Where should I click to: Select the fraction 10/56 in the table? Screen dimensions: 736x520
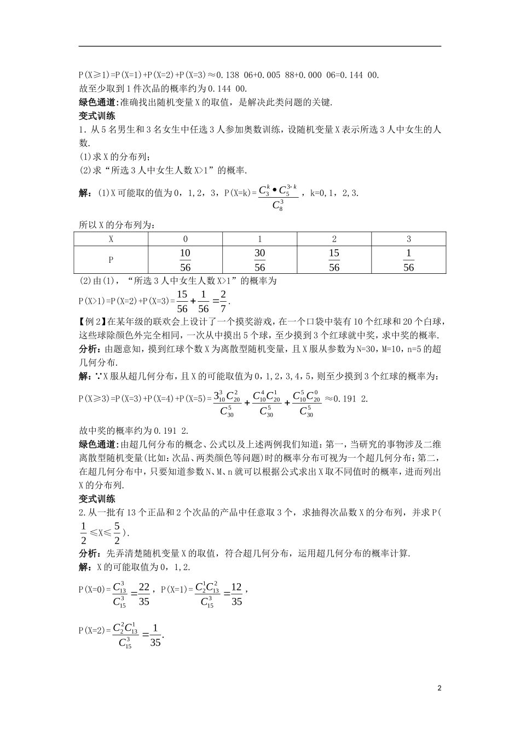(185, 260)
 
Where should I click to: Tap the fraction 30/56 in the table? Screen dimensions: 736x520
(259, 260)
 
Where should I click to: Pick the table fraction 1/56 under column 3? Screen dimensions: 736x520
(408, 260)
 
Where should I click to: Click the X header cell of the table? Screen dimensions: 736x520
(111, 239)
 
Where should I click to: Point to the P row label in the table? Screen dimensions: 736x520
(111, 260)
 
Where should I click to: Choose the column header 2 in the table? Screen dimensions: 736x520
(334, 239)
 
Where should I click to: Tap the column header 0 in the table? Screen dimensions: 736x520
(185, 239)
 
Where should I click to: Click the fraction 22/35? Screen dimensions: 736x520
(144, 594)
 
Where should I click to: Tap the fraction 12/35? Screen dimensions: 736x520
(236, 594)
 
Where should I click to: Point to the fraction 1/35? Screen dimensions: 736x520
(155, 635)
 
